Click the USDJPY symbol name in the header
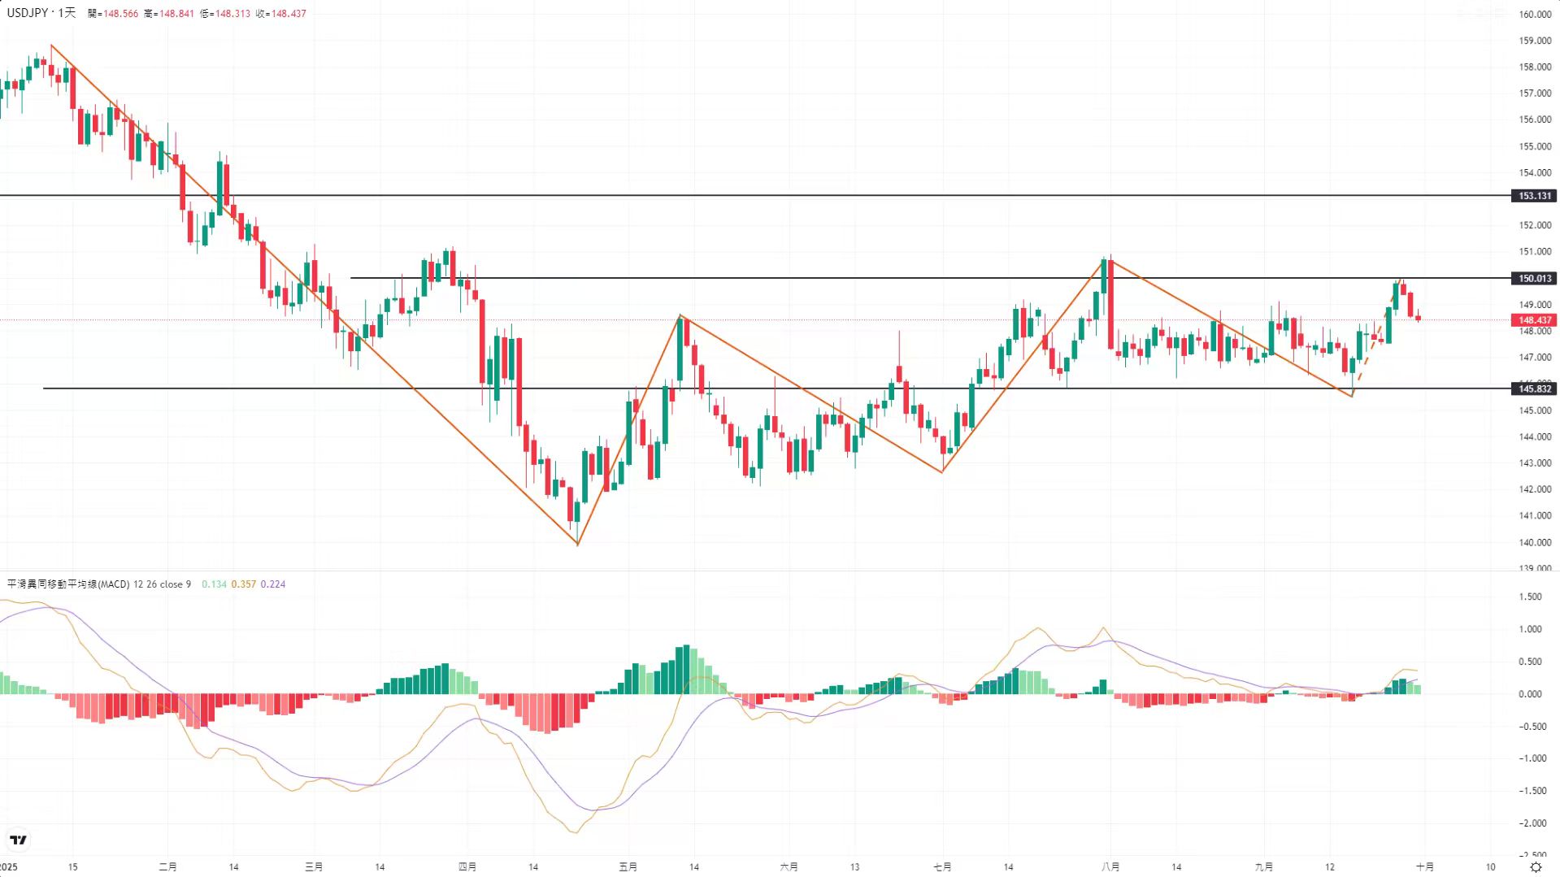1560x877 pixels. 28,13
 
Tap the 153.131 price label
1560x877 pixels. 1534,196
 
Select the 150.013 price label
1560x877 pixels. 1534,279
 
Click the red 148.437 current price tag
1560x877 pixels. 1534,320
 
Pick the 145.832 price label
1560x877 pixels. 1534,389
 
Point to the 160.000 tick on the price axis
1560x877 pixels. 1535,15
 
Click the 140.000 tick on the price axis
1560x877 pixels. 1535,542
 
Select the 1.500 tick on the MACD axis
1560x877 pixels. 1530,597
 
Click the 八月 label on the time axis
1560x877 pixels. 1110,867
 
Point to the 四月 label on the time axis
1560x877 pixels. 467,867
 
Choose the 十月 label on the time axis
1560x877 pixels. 1425,867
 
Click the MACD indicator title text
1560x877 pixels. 68,584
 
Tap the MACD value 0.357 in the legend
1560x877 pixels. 243,584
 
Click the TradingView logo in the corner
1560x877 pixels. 18,840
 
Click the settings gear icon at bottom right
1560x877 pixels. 1536,867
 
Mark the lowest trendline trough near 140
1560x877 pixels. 577,544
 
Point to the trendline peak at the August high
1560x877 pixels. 1110,260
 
